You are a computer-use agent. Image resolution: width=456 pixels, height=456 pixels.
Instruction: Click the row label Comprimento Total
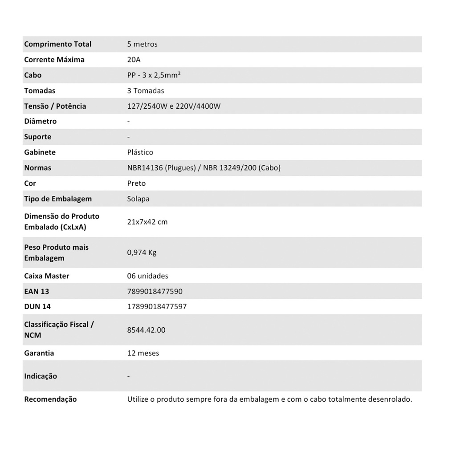pyautogui.click(x=57, y=44)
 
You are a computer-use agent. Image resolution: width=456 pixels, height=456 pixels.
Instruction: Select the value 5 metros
pyautogui.click(x=142, y=44)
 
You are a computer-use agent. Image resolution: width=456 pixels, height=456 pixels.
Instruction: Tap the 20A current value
pyautogui.click(x=134, y=60)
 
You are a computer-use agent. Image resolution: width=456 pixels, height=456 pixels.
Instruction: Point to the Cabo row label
pyautogui.click(x=33, y=75)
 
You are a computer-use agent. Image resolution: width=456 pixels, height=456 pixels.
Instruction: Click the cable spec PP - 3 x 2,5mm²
pyautogui.click(x=154, y=75)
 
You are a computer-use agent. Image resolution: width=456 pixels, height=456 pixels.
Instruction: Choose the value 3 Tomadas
pyautogui.click(x=146, y=91)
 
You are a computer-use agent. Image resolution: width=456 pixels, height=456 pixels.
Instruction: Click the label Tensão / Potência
pyautogui.click(x=55, y=106)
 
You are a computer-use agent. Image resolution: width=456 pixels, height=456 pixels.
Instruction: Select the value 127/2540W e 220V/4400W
pyautogui.click(x=174, y=106)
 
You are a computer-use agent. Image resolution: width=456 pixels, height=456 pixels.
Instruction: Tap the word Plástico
pyautogui.click(x=140, y=152)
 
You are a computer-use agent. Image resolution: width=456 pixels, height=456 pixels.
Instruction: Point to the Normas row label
pyautogui.click(x=37, y=168)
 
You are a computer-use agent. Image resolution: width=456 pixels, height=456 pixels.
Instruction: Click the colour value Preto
pyautogui.click(x=136, y=183)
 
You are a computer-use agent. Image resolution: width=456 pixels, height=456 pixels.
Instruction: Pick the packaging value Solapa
pyautogui.click(x=138, y=199)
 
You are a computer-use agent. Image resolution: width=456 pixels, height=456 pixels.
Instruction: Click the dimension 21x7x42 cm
pyautogui.click(x=147, y=222)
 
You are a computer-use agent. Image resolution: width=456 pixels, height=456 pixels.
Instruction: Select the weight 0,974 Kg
pyautogui.click(x=142, y=252)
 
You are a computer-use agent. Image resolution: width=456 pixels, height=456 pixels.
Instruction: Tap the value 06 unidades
pyautogui.click(x=147, y=276)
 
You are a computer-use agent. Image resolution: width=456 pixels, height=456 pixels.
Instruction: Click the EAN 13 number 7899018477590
pyautogui.click(x=155, y=292)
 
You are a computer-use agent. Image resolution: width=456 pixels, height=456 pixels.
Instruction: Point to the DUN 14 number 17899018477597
pyautogui.click(x=157, y=307)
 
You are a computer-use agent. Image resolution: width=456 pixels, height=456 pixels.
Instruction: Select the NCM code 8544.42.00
pyautogui.click(x=146, y=330)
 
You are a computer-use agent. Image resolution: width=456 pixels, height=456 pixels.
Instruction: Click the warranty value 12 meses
pyautogui.click(x=143, y=353)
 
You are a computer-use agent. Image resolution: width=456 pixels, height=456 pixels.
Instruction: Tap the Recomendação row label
pyautogui.click(x=50, y=399)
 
